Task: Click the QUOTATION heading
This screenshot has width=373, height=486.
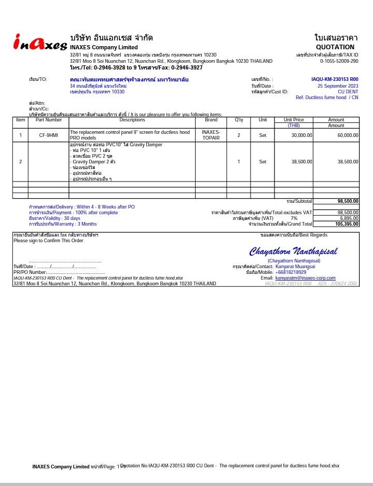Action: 335,47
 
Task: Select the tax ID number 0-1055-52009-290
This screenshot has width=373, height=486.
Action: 339,61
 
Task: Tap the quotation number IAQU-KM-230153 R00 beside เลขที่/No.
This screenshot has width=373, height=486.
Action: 335,79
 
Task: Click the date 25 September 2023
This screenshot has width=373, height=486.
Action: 338,86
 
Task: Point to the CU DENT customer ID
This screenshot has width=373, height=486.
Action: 348,91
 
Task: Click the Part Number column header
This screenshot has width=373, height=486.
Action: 49,120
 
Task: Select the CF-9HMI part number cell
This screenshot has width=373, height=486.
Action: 49,135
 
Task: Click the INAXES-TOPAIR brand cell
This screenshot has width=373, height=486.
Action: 211,135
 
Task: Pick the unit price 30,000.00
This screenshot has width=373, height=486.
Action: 301,135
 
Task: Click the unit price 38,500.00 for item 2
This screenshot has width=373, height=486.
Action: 301,162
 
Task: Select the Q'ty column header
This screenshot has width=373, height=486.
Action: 239,120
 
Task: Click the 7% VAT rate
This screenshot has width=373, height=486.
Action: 294,218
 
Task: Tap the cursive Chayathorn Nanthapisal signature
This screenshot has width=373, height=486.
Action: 293,252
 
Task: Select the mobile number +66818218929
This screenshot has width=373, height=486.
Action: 291,272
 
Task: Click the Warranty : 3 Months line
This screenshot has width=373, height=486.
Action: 63,224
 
